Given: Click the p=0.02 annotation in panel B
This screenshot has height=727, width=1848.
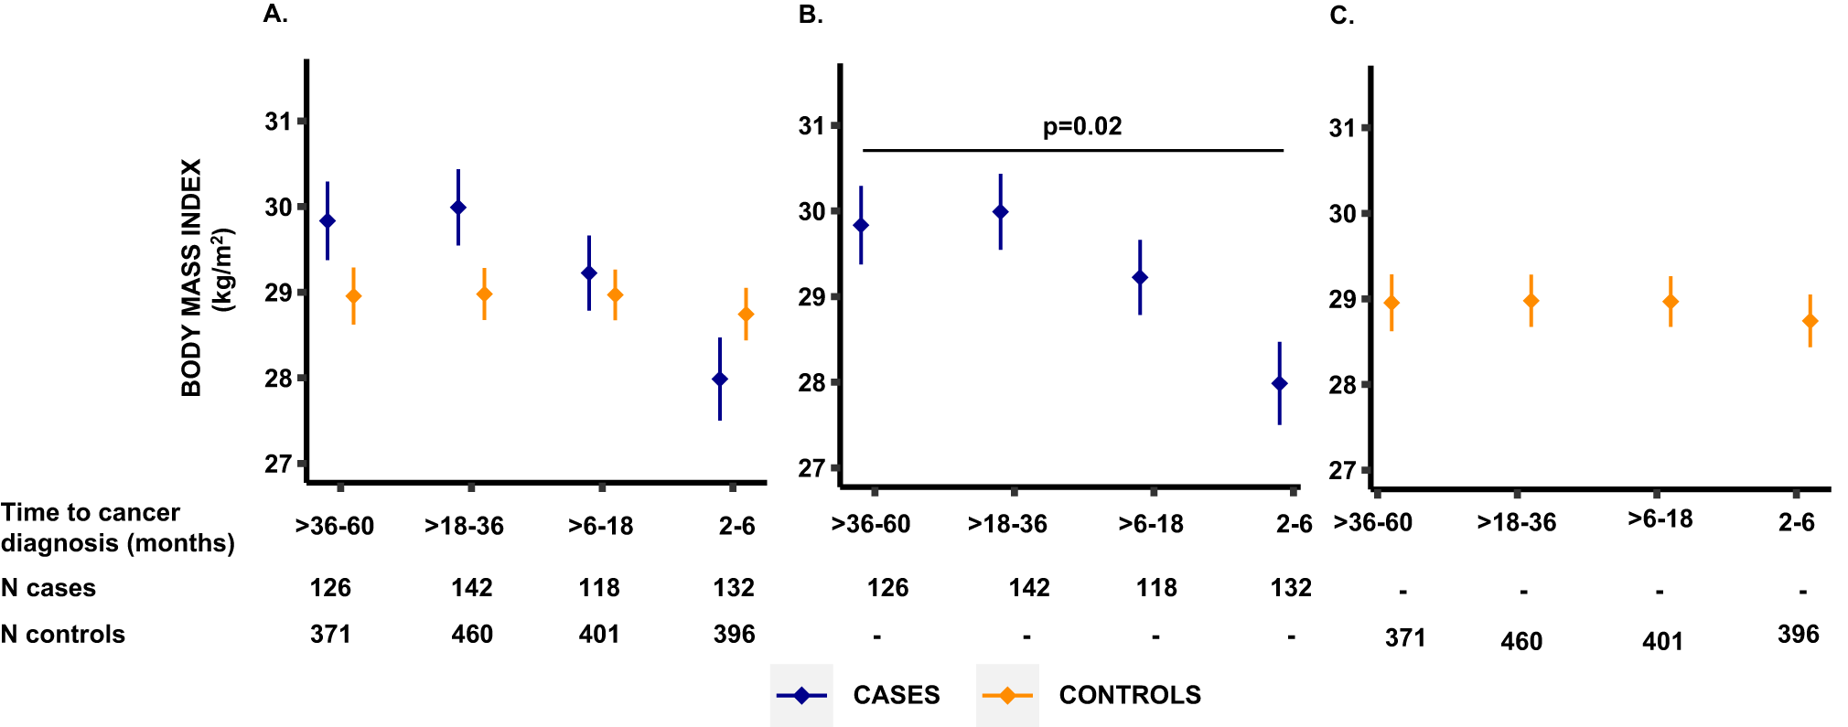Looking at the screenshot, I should coord(1082,126).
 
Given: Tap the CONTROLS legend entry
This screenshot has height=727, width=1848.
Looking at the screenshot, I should coord(1129,695).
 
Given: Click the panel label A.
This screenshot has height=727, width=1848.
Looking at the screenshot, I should coord(275,14).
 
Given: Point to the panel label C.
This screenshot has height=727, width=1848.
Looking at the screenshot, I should coord(1341,16).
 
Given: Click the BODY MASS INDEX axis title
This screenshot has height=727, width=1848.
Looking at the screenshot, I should coord(190,277).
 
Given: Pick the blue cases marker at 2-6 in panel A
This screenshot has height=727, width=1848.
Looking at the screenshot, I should coord(720,380).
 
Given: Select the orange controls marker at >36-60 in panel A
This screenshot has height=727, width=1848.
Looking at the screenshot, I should coord(353,296).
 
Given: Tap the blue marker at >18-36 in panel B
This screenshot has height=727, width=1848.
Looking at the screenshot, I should coord(1001,212).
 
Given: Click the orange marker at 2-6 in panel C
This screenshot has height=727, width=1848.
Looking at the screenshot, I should coord(1810,321).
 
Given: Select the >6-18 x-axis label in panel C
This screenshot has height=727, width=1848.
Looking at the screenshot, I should coord(1660,519).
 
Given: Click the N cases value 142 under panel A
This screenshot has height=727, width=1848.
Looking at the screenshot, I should coord(471,588).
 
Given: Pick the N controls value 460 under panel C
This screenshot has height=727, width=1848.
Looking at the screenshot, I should coord(1521,642).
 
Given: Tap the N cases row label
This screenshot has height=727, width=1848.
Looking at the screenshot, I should coord(48,588).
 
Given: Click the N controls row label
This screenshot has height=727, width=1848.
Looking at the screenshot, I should coord(63,635).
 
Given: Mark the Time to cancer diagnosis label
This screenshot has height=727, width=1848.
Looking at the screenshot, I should coord(117,528).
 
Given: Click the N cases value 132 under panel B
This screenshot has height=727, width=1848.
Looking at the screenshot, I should coord(1291,588).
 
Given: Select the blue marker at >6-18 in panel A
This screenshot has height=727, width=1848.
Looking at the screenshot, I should coord(589,273).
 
